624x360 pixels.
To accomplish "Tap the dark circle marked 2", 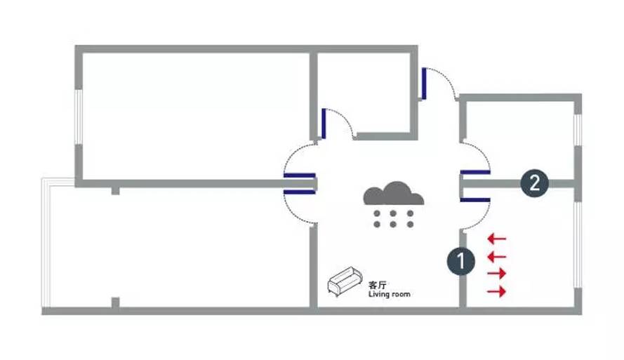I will (x=534, y=183).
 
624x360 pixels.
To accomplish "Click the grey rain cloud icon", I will (x=393, y=194).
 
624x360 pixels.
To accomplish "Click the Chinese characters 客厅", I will (x=377, y=286).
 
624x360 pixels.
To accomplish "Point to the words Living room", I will (x=389, y=295).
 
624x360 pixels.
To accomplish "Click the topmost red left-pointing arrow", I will (x=497, y=239).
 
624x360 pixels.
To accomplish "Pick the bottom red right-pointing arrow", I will (x=497, y=291).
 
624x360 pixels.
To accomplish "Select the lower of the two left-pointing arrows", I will (x=497, y=256).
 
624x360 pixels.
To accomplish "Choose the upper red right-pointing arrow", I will (x=497, y=274).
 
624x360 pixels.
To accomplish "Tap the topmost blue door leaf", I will (x=424, y=83).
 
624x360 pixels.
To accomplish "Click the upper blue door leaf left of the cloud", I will (x=299, y=173).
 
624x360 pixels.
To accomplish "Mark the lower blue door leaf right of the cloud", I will (x=475, y=199).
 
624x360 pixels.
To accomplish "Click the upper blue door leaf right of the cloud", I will (x=475, y=171).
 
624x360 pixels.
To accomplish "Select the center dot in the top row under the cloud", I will (x=393, y=213).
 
